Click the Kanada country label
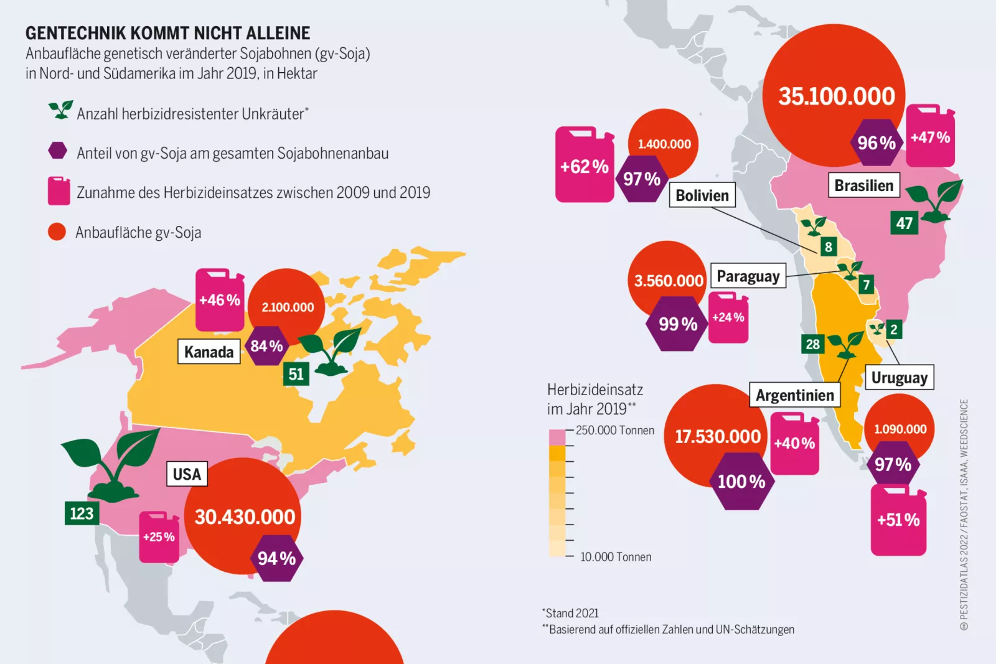(x=209, y=352)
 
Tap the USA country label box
(x=187, y=474)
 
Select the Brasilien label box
(x=863, y=185)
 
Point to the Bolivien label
(x=702, y=195)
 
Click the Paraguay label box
(x=748, y=276)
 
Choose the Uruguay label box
(x=899, y=377)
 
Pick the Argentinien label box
(x=794, y=395)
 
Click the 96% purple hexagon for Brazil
(x=876, y=143)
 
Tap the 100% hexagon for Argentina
(x=741, y=481)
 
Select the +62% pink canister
(x=584, y=166)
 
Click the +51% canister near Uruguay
(x=898, y=520)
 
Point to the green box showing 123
(x=82, y=513)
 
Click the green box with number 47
(x=904, y=223)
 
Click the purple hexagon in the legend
(x=58, y=151)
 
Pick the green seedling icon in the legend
(x=60, y=110)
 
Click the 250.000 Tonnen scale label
(x=614, y=430)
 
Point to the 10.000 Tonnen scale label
(x=615, y=556)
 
